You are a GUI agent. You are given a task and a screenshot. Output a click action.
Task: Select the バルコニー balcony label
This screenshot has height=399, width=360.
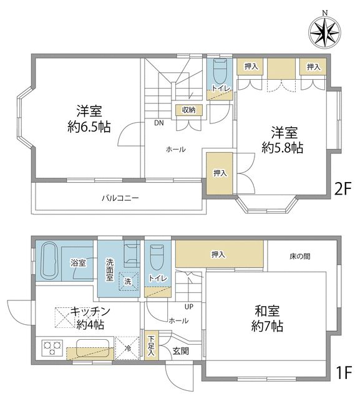tap(120, 198)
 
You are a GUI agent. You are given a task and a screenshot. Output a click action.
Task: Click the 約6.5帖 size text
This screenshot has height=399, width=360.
tap(90, 127)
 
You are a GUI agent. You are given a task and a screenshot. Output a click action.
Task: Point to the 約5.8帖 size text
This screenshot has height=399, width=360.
tap(283, 148)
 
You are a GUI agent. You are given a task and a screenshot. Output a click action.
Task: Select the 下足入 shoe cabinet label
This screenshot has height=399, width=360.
tap(151, 346)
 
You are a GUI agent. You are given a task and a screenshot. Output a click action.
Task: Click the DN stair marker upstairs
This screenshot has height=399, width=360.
tap(159, 123)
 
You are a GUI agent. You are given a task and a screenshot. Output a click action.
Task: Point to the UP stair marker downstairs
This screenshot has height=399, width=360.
tap(188, 306)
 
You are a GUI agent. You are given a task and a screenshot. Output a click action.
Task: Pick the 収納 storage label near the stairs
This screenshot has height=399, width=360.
tap(189, 110)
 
